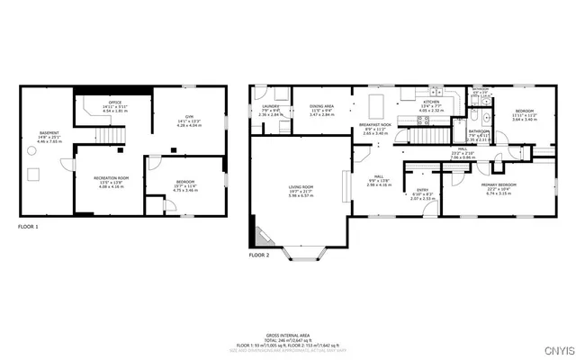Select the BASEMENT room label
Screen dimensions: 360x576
click(x=49, y=133)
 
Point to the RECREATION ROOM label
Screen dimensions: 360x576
click(x=112, y=178)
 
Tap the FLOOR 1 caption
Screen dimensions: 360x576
click(x=29, y=228)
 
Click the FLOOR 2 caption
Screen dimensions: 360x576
click(x=258, y=256)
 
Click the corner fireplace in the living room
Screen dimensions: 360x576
click(x=264, y=237)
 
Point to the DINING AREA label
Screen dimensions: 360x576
click(x=321, y=106)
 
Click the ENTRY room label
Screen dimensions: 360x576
click(x=421, y=190)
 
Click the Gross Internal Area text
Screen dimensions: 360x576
click(x=289, y=332)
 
